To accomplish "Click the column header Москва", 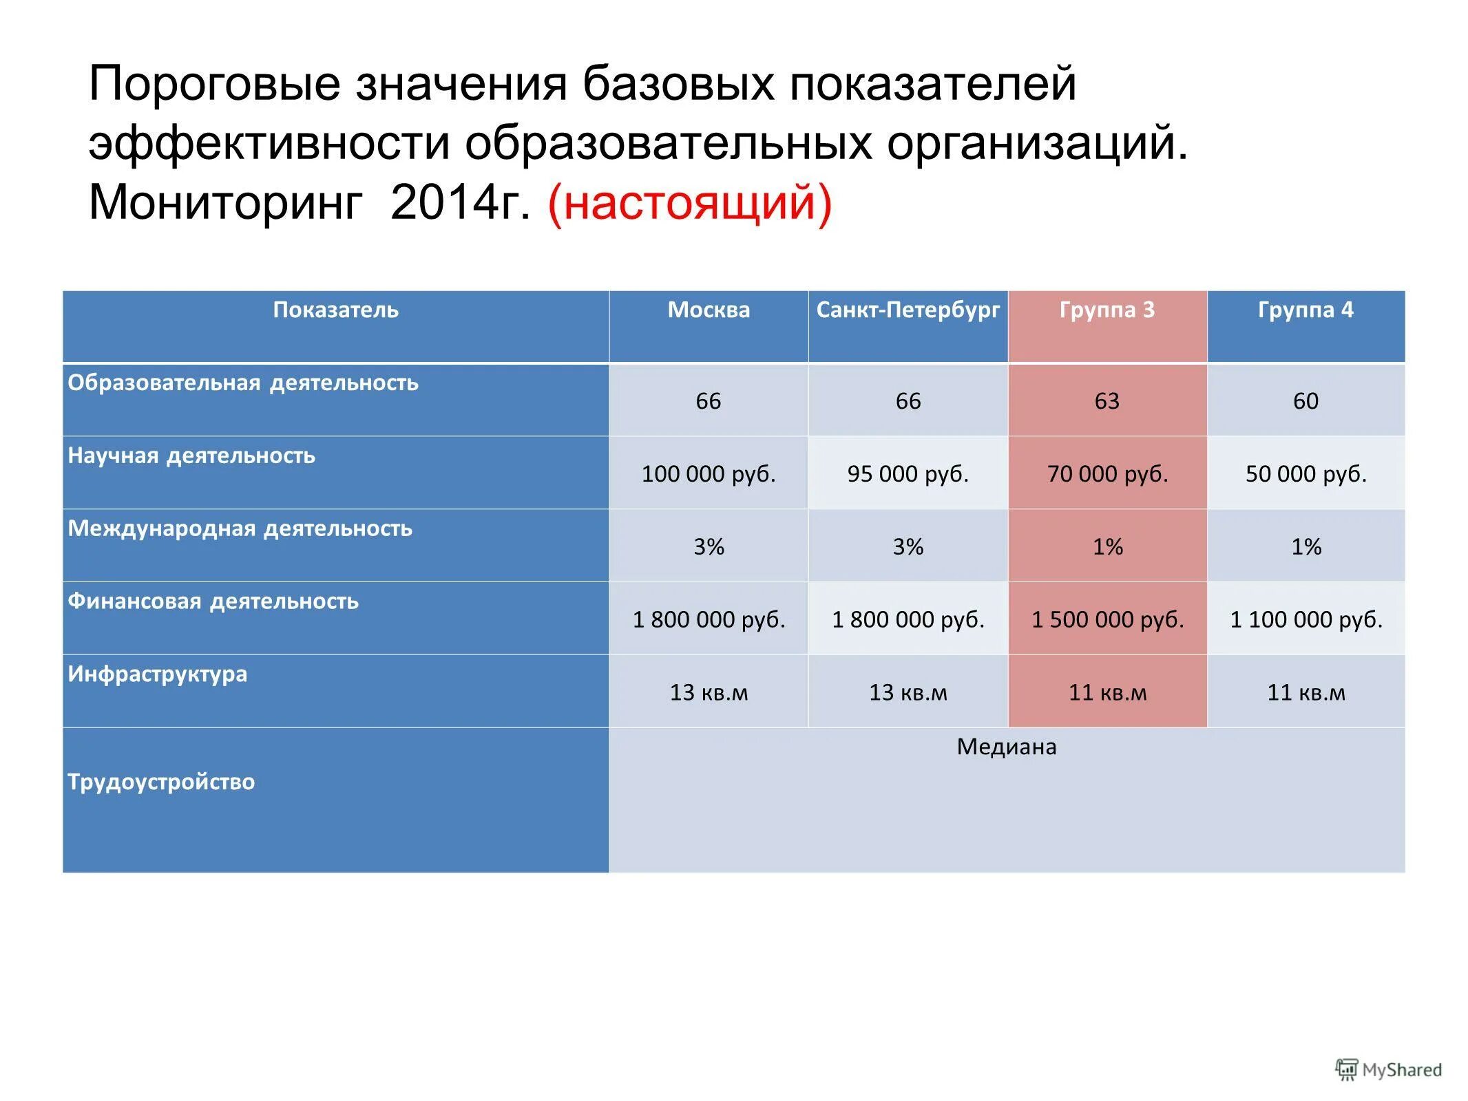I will tap(708, 310).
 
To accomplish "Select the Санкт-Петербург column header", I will tap(907, 310).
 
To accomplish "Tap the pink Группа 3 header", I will tap(1106, 310).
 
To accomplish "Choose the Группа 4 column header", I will tap(1305, 310).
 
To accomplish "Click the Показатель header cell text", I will tap(335, 310).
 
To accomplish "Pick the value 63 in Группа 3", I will tap(1107, 401).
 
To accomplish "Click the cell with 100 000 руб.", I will tap(708, 474).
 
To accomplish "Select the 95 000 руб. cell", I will tap(907, 474).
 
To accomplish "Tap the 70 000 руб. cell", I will tap(1107, 474).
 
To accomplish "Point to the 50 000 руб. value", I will tap(1306, 474).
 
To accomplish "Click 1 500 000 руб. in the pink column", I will tap(1107, 620).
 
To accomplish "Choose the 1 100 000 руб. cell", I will tap(1306, 620).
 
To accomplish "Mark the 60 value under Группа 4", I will tap(1305, 401).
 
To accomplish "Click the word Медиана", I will tap(1005, 747).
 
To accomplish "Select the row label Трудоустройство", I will tap(161, 782).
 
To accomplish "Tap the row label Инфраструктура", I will tap(157, 674).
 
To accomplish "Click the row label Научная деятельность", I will tap(191, 456).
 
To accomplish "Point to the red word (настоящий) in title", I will tap(689, 203).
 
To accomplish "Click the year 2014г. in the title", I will tap(460, 203).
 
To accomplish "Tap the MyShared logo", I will tap(1388, 1070).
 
